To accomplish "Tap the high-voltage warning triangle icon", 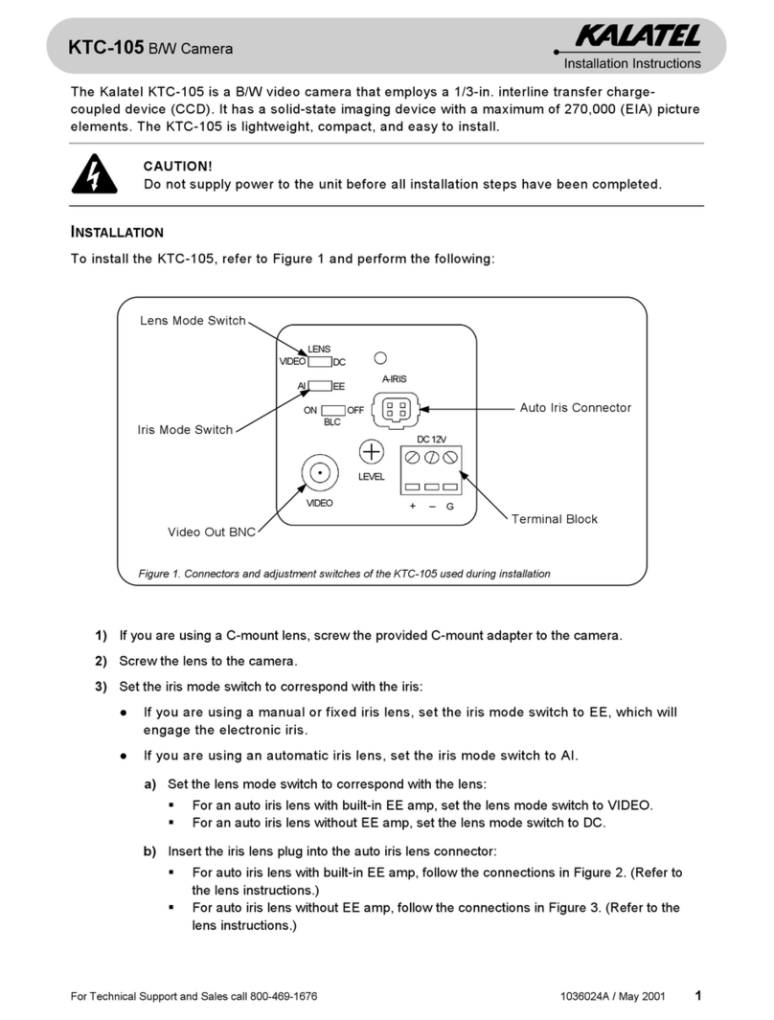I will pyautogui.click(x=93, y=173).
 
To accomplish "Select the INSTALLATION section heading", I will pyautogui.click(x=117, y=232).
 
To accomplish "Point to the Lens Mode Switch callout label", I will pyautogui.click(x=193, y=321).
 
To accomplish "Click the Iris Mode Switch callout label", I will pyautogui.click(x=186, y=430).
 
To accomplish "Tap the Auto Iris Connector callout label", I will pyautogui.click(x=575, y=408).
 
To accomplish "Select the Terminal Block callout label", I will pyautogui.click(x=554, y=519).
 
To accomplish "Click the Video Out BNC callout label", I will pyautogui.click(x=212, y=533).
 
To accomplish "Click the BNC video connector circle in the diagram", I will pyautogui.click(x=319, y=472).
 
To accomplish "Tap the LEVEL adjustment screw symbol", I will pyautogui.click(x=371, y=452).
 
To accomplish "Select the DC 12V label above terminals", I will pyautogui.click(x=431, y=438).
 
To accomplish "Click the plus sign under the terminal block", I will pyautogui.click(x=412, y=506).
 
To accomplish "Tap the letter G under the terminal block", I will pyautogui.click(x=450, y=506).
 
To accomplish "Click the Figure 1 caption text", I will pyautogui.click(x=345, y=574).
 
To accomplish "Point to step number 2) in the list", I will pyautogui.click(x=100, y=661).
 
